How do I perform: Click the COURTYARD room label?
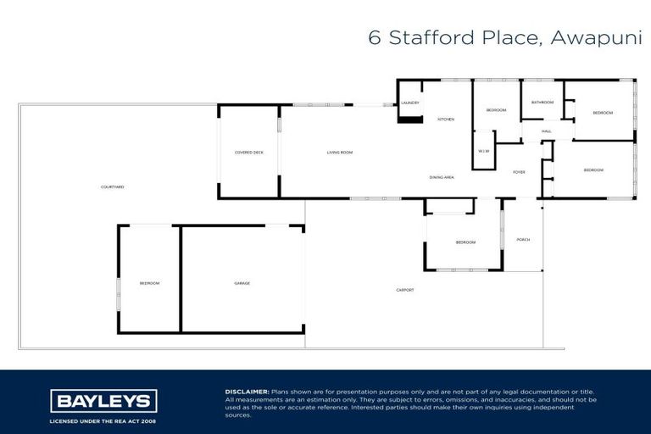pos(112,186)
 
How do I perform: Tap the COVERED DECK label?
pos(249,153)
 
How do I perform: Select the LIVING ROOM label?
pos(340,153)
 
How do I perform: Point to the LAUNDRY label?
pos(410,103)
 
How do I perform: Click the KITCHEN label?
pos(446,120)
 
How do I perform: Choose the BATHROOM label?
pos(542,103)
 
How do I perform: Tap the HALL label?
pos(546,131)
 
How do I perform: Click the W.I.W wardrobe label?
pos(484,151)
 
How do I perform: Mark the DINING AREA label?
pos(442,177)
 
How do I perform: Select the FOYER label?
pos(519,172)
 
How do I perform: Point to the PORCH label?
pos(523,240)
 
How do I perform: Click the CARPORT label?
pos(405,291)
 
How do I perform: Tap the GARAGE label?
pos(242,283)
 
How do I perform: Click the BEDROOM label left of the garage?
pos(149,283)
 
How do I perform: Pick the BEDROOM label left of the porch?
pos(465,242)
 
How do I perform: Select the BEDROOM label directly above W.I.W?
pos(496,111)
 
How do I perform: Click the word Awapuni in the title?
pos(596,38)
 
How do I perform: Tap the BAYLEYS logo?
pos(103,401)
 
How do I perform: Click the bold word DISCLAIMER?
pos(247,392)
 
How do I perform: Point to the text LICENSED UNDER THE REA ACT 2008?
pos(103,421)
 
